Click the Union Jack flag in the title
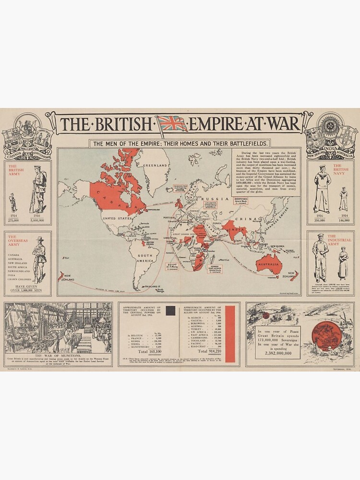pos(173,124)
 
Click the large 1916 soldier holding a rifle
pos(38,189)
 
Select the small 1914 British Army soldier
pos(13,203)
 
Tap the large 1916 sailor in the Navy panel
pos(322,189)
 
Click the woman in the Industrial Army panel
pos(343,263)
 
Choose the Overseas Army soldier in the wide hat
pos(39,259)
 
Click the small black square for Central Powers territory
pos(170,311)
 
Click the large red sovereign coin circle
pos(326,336)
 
